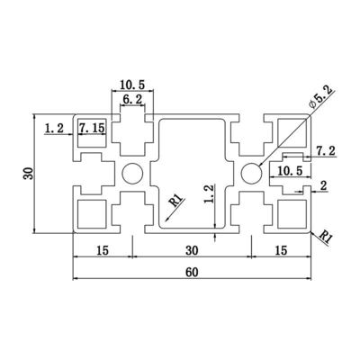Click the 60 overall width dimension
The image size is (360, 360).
click(192, 272)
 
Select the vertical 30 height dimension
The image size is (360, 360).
click(29, 174)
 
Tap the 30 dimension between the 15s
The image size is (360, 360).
click(192, 250)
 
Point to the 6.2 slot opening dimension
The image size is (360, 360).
click(132, 99)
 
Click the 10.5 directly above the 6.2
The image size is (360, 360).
click(132, 85)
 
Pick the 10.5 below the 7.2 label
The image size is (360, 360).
click(290, 171)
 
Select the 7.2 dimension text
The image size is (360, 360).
click(326, 150)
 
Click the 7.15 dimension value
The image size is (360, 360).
click(92, 128)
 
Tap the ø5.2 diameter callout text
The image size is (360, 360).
click(321, 97)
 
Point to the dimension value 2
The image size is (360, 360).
click(323, 186)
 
